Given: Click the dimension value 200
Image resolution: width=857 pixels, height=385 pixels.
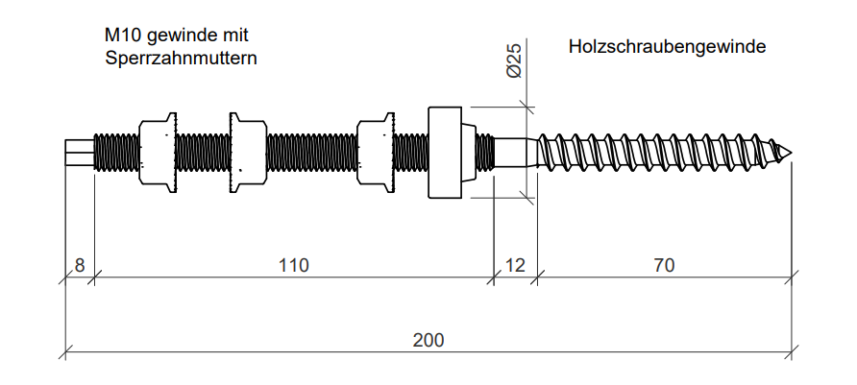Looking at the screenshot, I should [x=428, y=340].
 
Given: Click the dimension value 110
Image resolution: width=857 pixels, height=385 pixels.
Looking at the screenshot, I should [x=294, y=265].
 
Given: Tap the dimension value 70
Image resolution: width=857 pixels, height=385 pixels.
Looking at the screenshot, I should [x=663, y=265].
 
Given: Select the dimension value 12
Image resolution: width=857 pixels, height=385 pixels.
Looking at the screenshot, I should [x=515, y=265].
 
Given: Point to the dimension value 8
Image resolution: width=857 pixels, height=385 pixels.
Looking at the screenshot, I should [x=80, y=265].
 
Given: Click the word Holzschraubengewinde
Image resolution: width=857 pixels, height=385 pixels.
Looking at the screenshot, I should [x=667, y=46].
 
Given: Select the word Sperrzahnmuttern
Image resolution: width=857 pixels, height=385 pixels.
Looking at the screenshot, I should [x=182, y=59].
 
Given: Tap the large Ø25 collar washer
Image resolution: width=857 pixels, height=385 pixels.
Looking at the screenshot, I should [x=446, y=153].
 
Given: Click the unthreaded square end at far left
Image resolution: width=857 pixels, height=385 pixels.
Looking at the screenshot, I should [x=79, y=153].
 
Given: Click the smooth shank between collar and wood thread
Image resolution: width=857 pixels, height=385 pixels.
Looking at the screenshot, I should [x=515, y=153].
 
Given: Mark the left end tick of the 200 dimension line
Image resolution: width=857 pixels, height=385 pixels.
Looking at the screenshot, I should [x=65, y=353].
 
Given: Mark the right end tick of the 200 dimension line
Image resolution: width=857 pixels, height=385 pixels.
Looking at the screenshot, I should [x=794, y=353].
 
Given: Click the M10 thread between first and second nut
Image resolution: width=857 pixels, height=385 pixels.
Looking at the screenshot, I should [x=202, y=153].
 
